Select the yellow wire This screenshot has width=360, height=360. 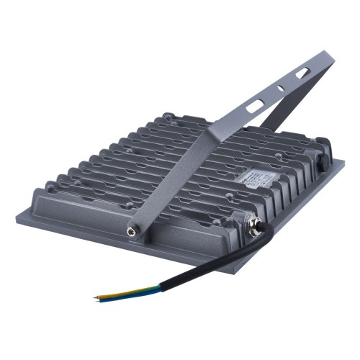[115, 293]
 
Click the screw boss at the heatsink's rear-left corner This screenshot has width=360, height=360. [166, 116]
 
